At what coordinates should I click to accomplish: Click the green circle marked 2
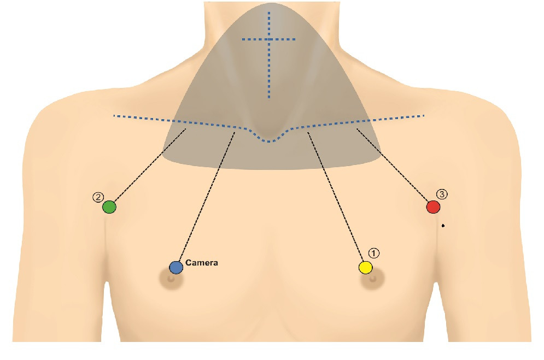[x=109, y=207]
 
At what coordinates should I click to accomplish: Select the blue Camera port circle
[x=176, y=267]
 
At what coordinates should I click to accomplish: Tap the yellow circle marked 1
[x=365, y=267]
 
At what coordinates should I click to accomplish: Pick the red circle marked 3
[x=433, y=207]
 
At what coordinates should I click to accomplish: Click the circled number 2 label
[x=97, y=197]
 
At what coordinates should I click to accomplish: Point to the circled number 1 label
[x=373, y=253]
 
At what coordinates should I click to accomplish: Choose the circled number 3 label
[x=442, y=194]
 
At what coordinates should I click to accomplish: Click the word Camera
[x=202, y=263]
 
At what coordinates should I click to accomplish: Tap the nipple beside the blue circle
[x=171, y=279]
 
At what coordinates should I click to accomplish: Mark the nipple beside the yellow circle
[x=373, y=279]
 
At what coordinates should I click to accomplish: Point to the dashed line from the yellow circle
[x=336, y=197]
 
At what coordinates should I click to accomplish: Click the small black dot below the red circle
[x=443, y=225]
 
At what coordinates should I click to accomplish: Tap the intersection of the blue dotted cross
[x=269, y=39]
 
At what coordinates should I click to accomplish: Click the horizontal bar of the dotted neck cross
[x=284, y=39]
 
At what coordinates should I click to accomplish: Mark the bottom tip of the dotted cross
[x=269, y=97]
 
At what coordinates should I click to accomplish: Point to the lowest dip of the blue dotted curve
[x=269, y=141]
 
